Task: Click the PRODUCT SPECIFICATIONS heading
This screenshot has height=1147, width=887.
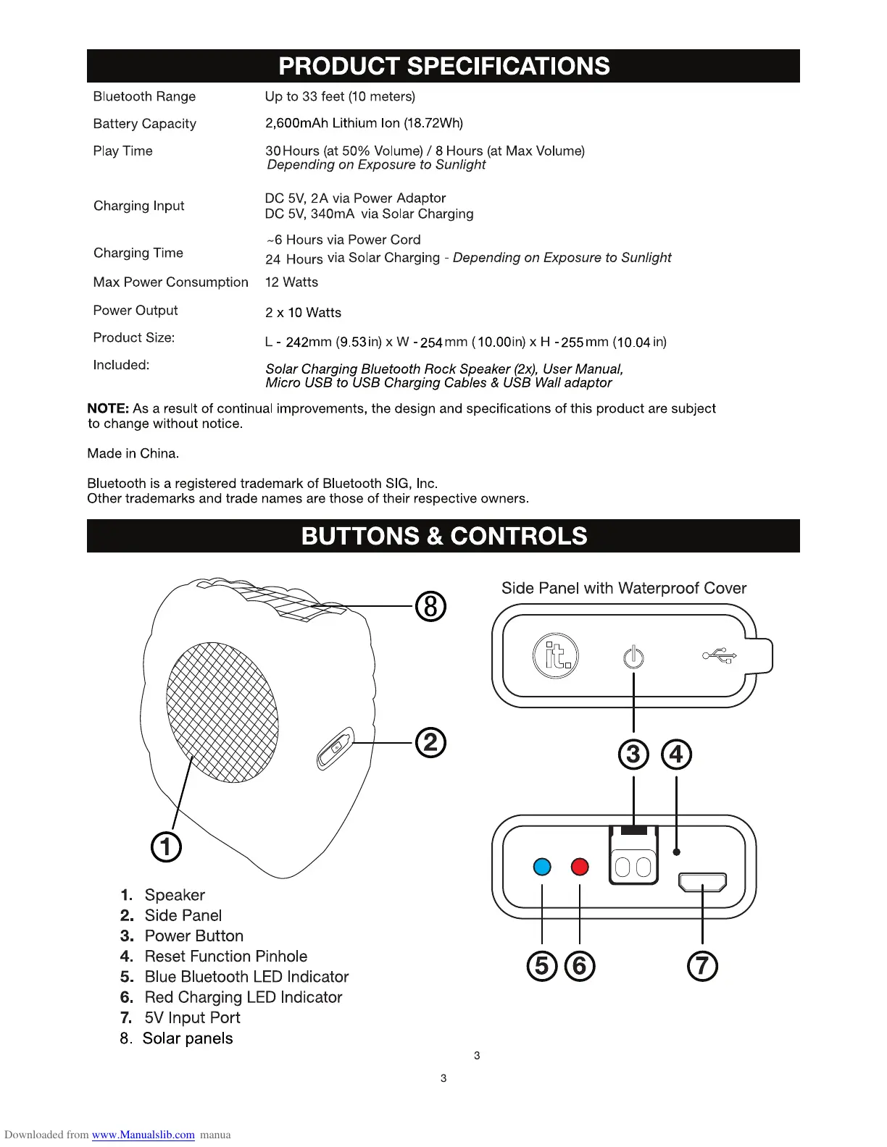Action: coord(443,67)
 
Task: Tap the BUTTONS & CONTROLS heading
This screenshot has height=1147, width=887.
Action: coord(443,536)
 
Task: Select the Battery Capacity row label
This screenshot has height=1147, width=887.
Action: coord(144,124)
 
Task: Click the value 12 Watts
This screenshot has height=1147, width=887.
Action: coord(291,282)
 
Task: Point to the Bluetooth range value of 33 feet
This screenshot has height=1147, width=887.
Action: coord(340,97)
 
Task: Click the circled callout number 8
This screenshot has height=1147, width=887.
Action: coord(430,606)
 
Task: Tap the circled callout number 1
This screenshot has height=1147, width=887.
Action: coord(166,846)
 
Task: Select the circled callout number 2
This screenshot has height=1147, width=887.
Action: coord(430,743)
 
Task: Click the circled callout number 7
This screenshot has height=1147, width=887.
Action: coord(702,966)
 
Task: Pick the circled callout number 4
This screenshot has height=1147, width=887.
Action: coord(676,755)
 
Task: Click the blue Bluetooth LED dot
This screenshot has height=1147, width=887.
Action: coord(542,867)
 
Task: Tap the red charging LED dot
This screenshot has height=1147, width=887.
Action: coord(580,867)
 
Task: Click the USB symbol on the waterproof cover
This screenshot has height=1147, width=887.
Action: coord(720,656)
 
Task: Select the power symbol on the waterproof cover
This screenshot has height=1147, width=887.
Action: coord(633,657)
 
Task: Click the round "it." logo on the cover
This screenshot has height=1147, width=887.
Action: coord(556,655)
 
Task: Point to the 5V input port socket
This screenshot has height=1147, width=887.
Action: coord(702,883)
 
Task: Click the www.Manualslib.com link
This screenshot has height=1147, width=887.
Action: coord(143,1135)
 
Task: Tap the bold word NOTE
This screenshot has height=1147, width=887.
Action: coord(108,408)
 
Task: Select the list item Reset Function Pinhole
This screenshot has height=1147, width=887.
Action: coord(225,957)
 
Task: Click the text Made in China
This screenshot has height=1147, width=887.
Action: coord(133,454)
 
